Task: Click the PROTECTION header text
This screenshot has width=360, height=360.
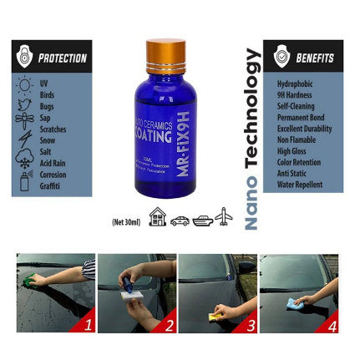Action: coord(63,58)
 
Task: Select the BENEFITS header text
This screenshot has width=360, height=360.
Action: coord(314,58)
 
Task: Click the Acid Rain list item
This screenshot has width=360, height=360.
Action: coord(53,164)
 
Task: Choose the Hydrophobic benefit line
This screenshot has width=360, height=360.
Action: coord(295,84)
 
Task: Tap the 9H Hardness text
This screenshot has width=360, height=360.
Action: coord(294,95)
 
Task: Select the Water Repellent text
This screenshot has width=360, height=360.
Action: coord(298,185)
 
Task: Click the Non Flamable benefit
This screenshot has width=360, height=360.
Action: coord(297,140)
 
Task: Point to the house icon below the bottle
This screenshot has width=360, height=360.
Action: coord(158,219)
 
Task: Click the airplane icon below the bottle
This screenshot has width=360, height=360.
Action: coord(223,219)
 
